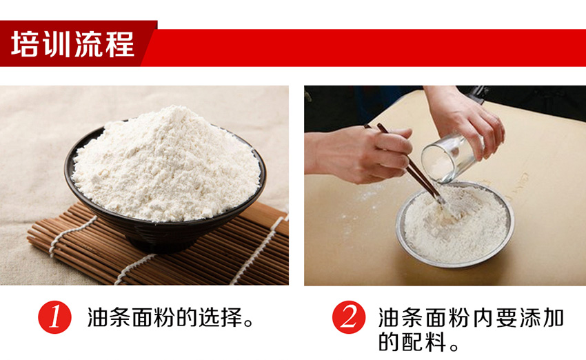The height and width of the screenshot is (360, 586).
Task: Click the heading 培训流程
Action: pyautogui.click(x=72, y=44)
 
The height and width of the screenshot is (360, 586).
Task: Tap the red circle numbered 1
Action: pyautogui.click(x=54, y=317)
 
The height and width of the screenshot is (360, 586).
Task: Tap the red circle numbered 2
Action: pyautogui.click(x=349, y=317)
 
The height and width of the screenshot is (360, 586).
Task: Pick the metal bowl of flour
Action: pyautogui.click(x=455, y=224)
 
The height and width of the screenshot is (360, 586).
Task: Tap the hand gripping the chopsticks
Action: pyautogui.click(x=358, y=154)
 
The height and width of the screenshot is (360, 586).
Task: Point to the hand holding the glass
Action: pyautogui.click(x=465, y=119)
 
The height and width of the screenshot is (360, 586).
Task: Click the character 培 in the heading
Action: pyautogui.click(x=25, y=44)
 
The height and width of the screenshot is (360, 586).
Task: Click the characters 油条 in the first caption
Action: pyautogui.click(x=109, y=317)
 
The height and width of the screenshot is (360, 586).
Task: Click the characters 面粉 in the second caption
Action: pyautogui.click(x=447, y=318)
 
